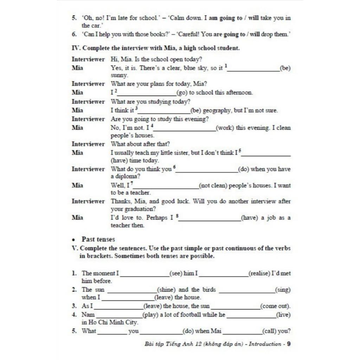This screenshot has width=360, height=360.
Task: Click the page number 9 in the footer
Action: pyautogui.click(x=289, y=344)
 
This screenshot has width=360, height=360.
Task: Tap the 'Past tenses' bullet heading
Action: pyautogui.click(x=98, y=239)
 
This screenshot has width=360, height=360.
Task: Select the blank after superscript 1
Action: pyautogui.click(x=253, y=69)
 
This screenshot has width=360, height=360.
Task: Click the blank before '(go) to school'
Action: pyautogui.click(x=147, y=94)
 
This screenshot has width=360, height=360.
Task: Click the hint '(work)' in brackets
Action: pyautogui.click(x=225, y=128)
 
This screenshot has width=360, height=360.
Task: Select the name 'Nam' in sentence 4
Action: pyautogui.click(x=88, y=314)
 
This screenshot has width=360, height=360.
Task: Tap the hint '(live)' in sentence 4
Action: pyautogui.click(x=283, y=315)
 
